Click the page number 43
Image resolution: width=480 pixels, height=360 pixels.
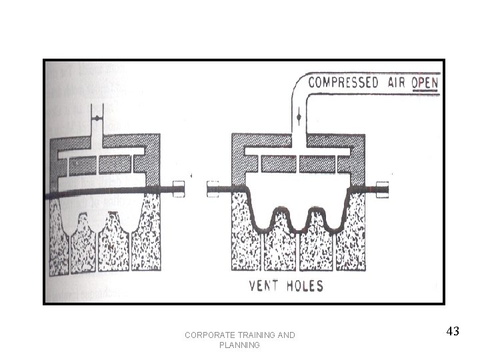453,331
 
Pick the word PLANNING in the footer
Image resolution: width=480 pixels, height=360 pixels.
239,345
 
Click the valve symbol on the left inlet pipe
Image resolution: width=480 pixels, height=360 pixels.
97,118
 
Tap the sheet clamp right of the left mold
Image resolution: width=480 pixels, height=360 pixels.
178,189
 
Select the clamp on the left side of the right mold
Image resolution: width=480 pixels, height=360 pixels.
213,189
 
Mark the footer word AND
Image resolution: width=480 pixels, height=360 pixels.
287,335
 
